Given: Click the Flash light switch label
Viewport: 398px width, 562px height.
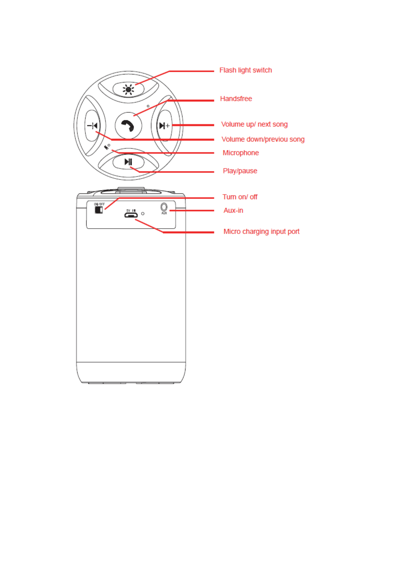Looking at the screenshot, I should click(x=245, y=70).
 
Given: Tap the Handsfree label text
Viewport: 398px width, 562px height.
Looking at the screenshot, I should click(x=236, y=99).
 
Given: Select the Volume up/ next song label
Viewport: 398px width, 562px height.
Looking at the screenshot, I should click(x=254, y=124).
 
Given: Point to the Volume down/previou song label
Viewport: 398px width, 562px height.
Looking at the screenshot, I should click(x=263, y=139).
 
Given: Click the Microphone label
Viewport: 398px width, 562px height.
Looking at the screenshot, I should click(x=241, y=153).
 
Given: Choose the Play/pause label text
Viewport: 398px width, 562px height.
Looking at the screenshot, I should click(x=240, y=171).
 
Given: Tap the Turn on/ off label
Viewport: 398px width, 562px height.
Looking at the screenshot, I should click(x=240, y=197).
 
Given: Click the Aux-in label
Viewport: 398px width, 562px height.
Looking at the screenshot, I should click(x=233, y=211).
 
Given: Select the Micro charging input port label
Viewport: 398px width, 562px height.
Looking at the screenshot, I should click(x=261, y=232).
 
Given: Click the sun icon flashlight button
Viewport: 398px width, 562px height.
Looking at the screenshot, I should click(x=128, y=89).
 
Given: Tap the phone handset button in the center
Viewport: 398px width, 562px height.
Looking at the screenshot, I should click(x=128, y=125).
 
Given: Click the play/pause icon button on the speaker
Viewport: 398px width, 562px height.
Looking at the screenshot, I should click(x=128, y=162).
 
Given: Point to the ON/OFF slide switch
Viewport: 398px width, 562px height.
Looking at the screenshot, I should click(x=99, y=210).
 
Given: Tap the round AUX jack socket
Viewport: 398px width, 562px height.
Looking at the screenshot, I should click(x=164, y=207).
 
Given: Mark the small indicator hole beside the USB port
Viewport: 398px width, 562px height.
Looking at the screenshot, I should click(x=143, y=214).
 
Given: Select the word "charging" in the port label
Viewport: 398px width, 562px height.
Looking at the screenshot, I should click(x=255, y=232).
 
